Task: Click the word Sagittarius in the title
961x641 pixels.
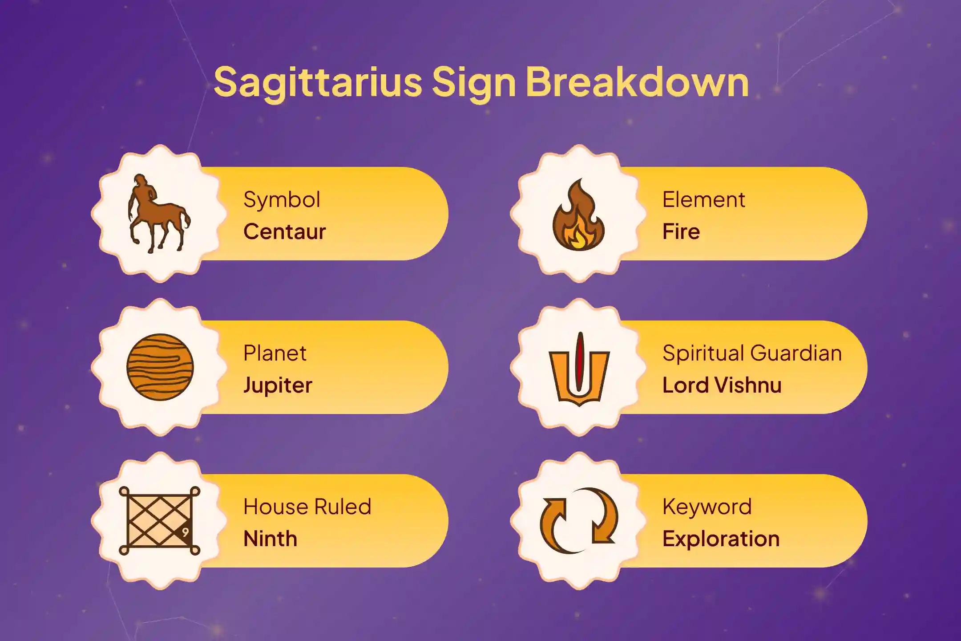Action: click(x=318, y=82)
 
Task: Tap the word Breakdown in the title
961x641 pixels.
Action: click(x=637, y=82)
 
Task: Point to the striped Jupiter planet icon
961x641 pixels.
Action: click(x=160, y=367)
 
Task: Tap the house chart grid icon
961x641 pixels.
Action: click(x=159, y=521)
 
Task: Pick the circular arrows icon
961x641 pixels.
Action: click(x=579, y=521)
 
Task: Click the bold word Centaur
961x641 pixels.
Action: click(x=285, y=231)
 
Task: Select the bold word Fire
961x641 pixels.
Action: click(x=681, y=231)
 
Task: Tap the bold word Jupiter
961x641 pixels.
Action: click(x=278, y=385)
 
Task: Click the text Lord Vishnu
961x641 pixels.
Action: click(x=722, y=385)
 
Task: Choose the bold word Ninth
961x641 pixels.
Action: click(x=270, y=539)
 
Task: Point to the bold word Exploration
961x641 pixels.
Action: click(x=721, y=539)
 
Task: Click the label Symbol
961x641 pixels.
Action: click(x=282, y=200)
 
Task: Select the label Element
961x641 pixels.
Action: click(x=703, y=199)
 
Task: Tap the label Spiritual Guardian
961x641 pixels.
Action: click(x=752, y=353)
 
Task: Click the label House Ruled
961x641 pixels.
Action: click(x=307, y=507)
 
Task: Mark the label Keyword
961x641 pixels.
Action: click(x=707, y=507)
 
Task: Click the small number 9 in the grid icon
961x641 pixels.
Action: click(x=185, y=532)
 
